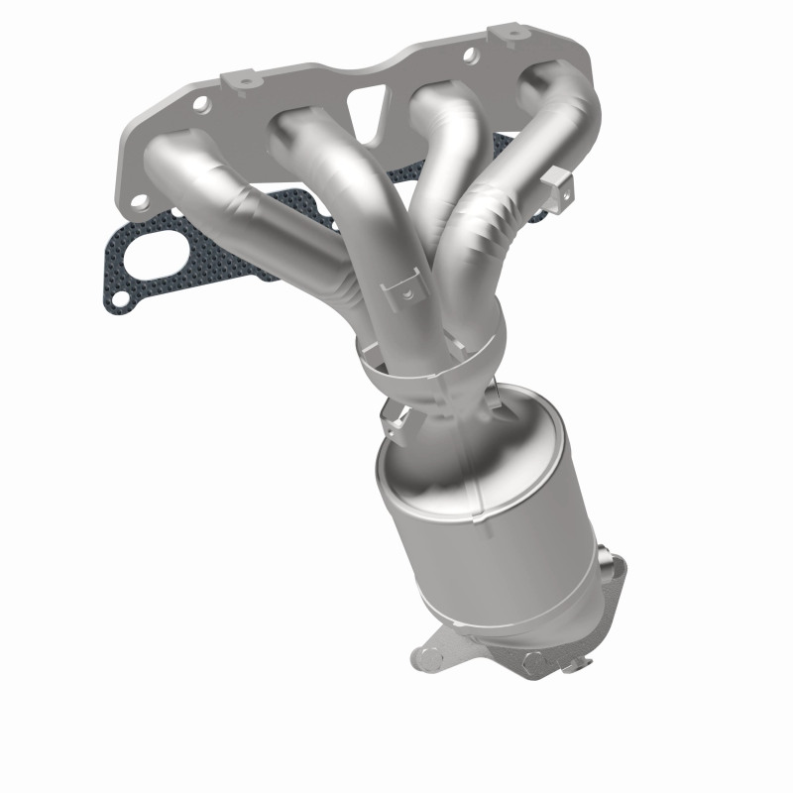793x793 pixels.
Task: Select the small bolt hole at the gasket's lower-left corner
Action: click(x=116, y=295)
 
